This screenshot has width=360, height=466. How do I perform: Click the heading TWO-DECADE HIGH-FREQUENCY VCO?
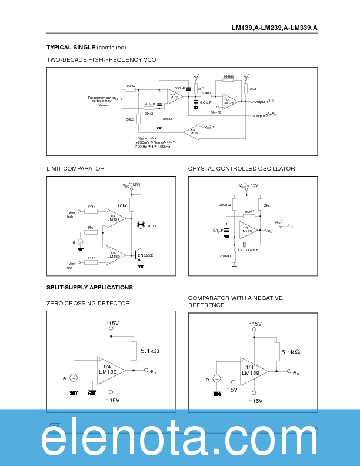101,60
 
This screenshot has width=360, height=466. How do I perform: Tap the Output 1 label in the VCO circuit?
261,101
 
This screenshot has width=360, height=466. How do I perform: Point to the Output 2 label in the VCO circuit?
261,115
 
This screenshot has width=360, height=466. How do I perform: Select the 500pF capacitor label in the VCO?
179,88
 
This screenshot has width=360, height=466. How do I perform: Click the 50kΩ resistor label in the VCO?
130,119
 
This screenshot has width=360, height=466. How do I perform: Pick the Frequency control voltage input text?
103,99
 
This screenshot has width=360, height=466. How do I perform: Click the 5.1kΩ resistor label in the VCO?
206,93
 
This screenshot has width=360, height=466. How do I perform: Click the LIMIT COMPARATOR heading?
75,169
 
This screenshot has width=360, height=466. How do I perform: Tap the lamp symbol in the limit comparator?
141,225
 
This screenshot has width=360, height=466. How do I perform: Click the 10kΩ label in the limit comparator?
122,206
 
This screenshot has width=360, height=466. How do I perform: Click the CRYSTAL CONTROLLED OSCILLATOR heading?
241,169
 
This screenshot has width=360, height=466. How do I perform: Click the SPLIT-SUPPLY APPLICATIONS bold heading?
89,287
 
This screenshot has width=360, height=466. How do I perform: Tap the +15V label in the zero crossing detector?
112,323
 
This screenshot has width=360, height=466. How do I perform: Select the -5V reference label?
232,390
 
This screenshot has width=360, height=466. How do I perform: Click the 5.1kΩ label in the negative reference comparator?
290,352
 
